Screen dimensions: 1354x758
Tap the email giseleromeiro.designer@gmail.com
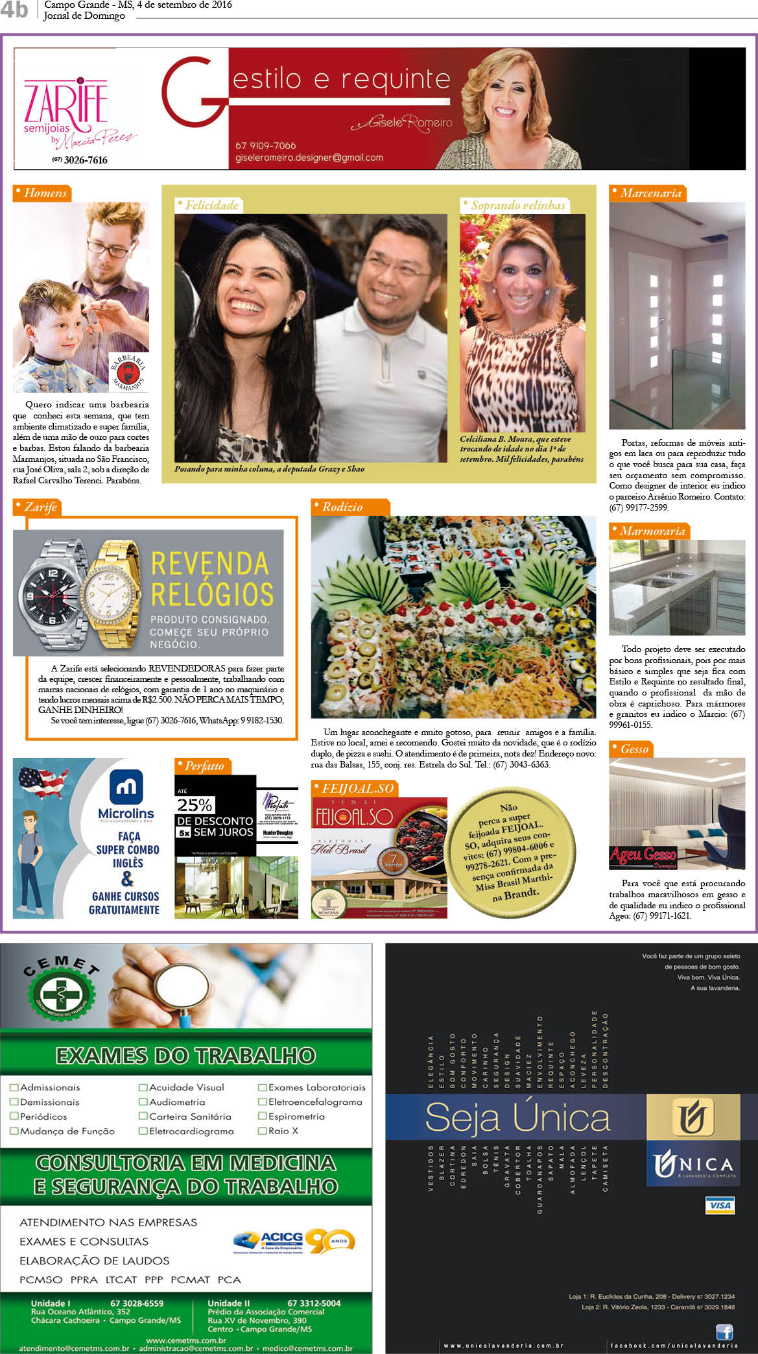[x=309, y=158]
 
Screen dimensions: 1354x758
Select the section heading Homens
[x=44, y=193]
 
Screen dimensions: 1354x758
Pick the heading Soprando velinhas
[x=517, y=205]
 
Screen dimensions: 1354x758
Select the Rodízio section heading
[x=342, y=507]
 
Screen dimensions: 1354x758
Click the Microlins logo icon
[x=126, y=786]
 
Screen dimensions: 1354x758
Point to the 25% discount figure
[x=195, y=805]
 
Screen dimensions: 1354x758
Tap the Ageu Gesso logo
[x=643, y=856]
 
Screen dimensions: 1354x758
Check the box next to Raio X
[x=263, y=1130]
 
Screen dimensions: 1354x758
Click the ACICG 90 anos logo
[x=295, y=1241]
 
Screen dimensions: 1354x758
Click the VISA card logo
[x=719, y=1205]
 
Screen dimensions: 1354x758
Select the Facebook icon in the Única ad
[x=724, y=1331]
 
